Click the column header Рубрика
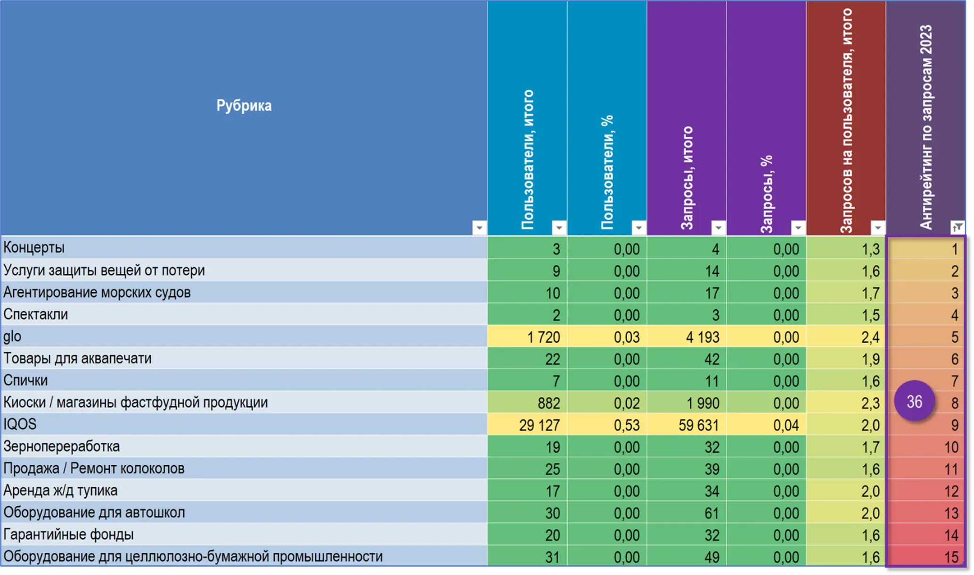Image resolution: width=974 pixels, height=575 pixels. [244, 106]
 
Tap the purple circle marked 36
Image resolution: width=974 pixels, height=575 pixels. [914, 402]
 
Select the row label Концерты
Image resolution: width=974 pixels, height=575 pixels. [34, 247]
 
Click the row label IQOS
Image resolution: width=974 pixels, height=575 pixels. [20, 424]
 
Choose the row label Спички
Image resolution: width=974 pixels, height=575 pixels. [25, 380]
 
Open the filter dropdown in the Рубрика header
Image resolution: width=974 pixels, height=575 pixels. [479, 228]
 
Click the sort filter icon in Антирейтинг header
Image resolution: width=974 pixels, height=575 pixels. [957, 228]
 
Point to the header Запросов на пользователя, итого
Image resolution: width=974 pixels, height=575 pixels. [846, 120]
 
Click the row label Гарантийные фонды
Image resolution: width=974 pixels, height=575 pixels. [68, 534]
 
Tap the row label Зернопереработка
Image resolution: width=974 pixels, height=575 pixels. [61, 446]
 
